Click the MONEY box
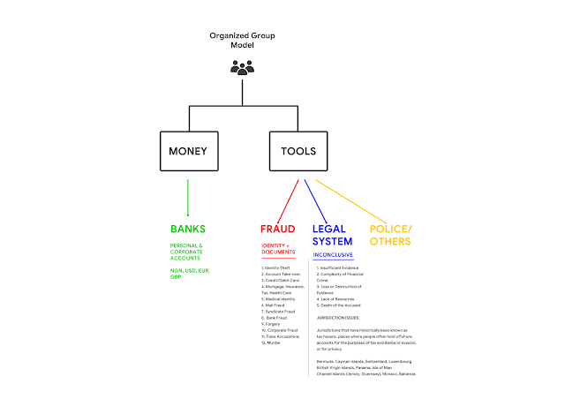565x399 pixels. point(188,151)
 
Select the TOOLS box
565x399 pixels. point(299,151)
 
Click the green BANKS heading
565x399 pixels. point(188,229)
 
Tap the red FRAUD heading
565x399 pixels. point(277,229)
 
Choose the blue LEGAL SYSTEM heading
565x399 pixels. point(333,235)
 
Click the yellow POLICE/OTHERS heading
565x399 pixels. point(388,235)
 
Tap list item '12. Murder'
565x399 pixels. point(275,343)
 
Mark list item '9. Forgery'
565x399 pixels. point(275,322)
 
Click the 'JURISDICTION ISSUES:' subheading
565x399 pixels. point(343,317)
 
